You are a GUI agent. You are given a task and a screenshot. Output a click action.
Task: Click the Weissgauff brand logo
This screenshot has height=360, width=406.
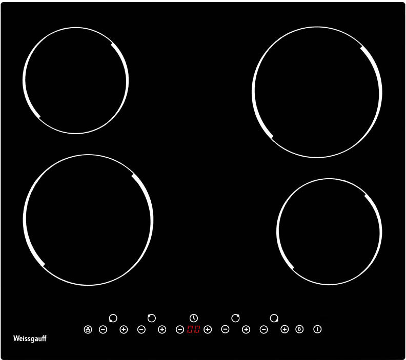click(x=30, y=338)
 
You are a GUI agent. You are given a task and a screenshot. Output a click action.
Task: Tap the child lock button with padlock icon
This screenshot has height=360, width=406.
click(x=88, y=329)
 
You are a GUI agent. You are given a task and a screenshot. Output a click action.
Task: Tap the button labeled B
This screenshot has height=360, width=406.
click(x=299, y=329)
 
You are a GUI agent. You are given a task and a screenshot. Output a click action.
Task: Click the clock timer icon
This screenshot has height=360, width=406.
click(x=193, y=318)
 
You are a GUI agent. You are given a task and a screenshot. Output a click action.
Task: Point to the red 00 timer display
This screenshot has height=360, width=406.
click(x=193, y=329)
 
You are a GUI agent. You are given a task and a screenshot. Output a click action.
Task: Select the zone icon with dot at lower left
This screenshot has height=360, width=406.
click(x=113, y=318)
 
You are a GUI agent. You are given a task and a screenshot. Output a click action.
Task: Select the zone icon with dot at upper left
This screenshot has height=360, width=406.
click(x=151, y=318)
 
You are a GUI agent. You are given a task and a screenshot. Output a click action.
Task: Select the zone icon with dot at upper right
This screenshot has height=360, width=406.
click(x=235, y=318)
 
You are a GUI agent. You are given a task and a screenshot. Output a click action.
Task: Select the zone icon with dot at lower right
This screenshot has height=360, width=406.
click(x=274, y=318)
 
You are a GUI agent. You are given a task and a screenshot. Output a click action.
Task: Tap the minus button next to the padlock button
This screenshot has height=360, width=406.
click(x=103, y=329)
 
